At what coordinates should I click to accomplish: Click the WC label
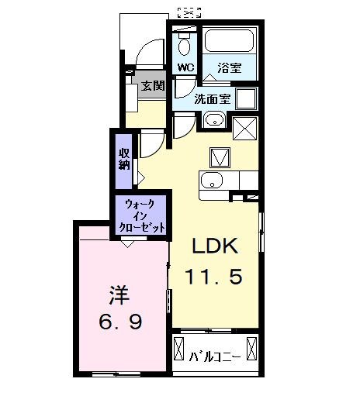(185, 67)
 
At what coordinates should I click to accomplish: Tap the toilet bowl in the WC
(185, 43)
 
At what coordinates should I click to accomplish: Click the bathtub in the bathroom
(230, 43)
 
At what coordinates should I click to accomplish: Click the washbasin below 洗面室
(214, 120)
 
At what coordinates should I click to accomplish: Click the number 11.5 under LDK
(217, 276)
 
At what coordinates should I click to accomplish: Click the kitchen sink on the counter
(212, 182)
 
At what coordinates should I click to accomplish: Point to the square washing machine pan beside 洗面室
(247, 98)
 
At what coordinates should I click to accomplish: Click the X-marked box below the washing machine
(246, 126)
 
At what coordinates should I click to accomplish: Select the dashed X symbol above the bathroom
(189, 11)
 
